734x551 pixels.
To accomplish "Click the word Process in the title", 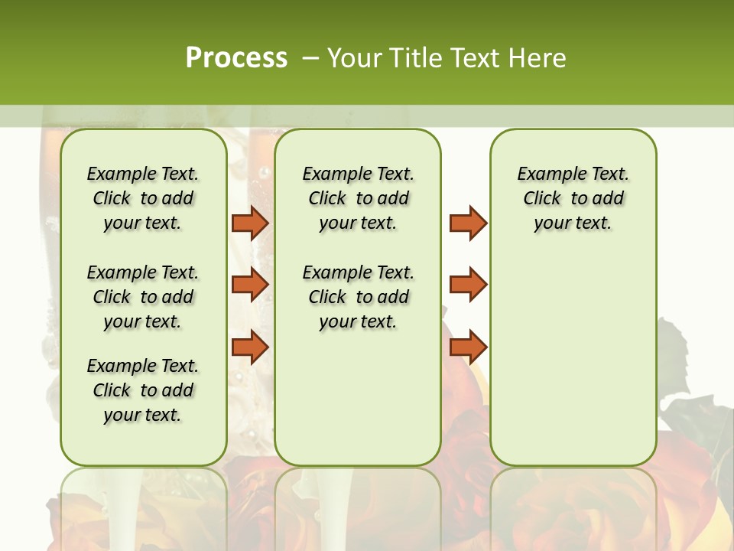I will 236,58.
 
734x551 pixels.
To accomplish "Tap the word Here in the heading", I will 540,58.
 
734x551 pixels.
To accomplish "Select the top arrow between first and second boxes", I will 250,223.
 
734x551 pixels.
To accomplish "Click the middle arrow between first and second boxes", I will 250,285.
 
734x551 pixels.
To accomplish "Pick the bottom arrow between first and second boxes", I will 250,347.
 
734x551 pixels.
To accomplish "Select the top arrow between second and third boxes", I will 468,223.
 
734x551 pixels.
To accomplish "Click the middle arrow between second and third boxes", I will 468,285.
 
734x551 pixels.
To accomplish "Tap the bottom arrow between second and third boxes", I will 468,347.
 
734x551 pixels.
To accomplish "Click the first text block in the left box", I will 143,198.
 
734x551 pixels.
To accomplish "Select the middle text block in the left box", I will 143,297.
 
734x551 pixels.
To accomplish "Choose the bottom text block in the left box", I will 143,390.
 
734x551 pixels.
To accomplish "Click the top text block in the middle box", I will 359,198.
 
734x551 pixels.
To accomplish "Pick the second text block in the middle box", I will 359,297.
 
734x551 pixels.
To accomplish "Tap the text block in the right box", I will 573,198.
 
